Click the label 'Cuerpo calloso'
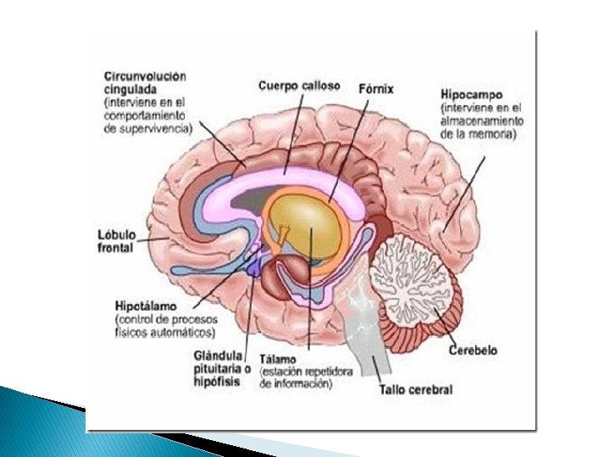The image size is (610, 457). click(x=299, y=85)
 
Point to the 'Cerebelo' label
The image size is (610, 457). click(x=473, y=350)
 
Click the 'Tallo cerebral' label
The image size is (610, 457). click(x=416, y=390)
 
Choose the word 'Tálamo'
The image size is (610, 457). click(x=280, y=360)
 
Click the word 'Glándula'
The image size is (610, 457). click(x=219, y=355)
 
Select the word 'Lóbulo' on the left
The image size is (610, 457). click(x=115, y=234)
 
